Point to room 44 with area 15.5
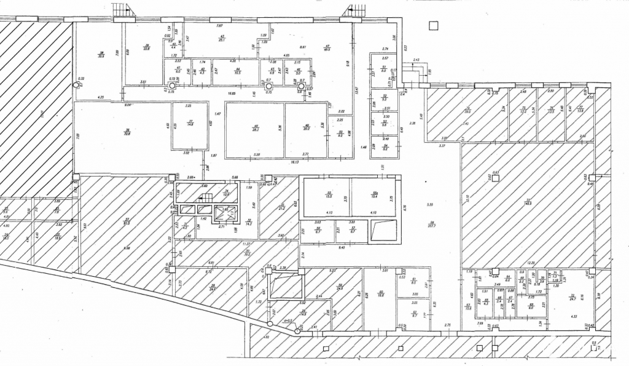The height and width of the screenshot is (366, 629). click(236, 71)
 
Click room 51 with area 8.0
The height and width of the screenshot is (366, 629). click(384, 69)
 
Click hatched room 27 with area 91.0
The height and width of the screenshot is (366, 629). click(127, 223)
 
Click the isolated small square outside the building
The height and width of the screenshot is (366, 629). click(433, 25)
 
